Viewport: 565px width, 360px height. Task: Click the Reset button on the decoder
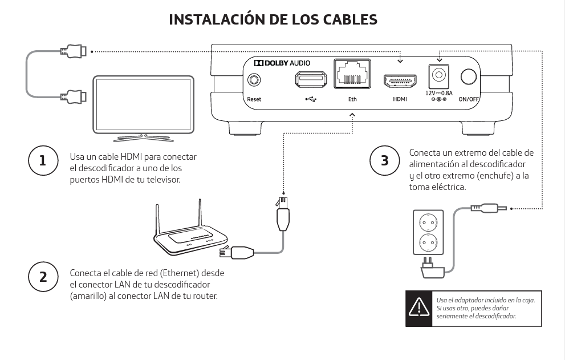click(253, 79)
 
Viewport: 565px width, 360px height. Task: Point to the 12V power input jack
click(438, 75)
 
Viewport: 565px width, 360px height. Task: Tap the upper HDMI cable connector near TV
click(74, 52)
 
